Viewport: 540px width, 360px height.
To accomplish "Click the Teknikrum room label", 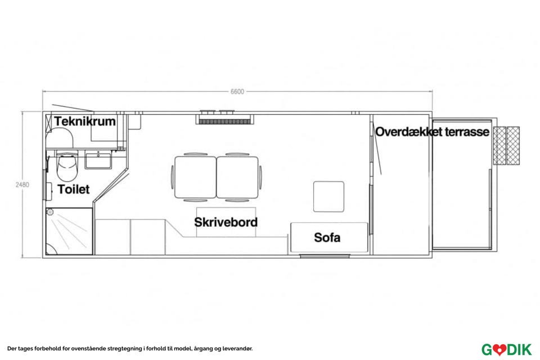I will pyautogui.click(x=85, y=121).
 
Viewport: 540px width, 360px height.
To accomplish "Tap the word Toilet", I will pyautogui.click(x=73, y=190).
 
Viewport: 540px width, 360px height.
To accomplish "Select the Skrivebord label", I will pyautogui.click(x=226, y=222).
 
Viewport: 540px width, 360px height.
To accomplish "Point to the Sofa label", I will pyautogui.click(x=327, y=237).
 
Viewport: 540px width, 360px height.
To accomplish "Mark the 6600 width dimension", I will pyautogui.click(x=237, y=92).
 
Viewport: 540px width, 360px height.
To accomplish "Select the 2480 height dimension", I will pyautogui.click(x=22, y=184).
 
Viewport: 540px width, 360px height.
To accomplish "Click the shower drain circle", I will pyautogui.click(x=50, y=213).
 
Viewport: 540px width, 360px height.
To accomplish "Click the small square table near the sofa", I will pyautogui.click(x=328, y=196).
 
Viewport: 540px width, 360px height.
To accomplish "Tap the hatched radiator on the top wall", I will pyautogui.click(x=224, y=119).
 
